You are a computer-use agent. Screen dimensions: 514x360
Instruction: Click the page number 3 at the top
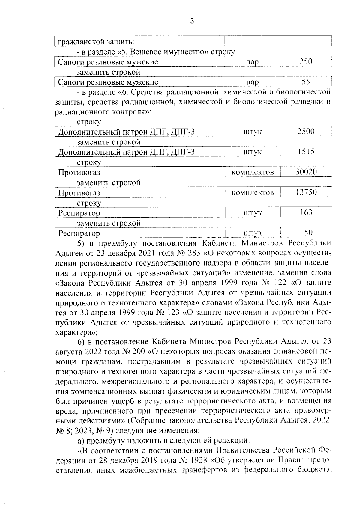(x=192, y=21)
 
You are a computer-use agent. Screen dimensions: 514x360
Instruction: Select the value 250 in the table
(x=306, y=62)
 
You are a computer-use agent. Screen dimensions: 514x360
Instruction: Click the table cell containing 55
(x=306, y=82)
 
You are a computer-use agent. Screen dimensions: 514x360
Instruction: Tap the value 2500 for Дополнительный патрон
(x=306, y=131)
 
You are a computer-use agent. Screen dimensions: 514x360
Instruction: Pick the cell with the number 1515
(x=306, y=152)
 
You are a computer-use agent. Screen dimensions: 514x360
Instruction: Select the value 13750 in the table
(x=306, y=192)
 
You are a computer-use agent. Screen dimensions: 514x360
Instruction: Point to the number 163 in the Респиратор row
(x=306, y=212)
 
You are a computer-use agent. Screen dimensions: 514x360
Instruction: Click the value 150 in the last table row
(x=306, y=233)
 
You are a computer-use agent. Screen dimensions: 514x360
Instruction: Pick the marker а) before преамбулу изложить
(x=81, y=441)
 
